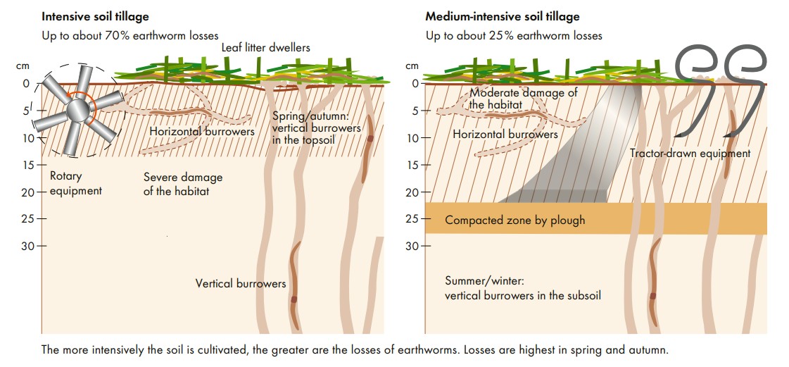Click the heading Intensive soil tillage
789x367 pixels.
point(95,15)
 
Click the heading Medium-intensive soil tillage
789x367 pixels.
point(503,15)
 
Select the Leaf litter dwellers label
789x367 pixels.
point(265,47)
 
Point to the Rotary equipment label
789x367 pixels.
point(75,183)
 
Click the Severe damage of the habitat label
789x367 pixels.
point(182,183)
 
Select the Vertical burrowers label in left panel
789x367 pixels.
point(241,283)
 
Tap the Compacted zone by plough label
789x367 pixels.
point(515,220)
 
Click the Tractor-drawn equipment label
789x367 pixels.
point(690,153)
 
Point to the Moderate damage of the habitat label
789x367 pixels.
point(523,99)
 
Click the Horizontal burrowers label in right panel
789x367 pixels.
point(505,134)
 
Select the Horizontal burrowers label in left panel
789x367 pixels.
point(202,130)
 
